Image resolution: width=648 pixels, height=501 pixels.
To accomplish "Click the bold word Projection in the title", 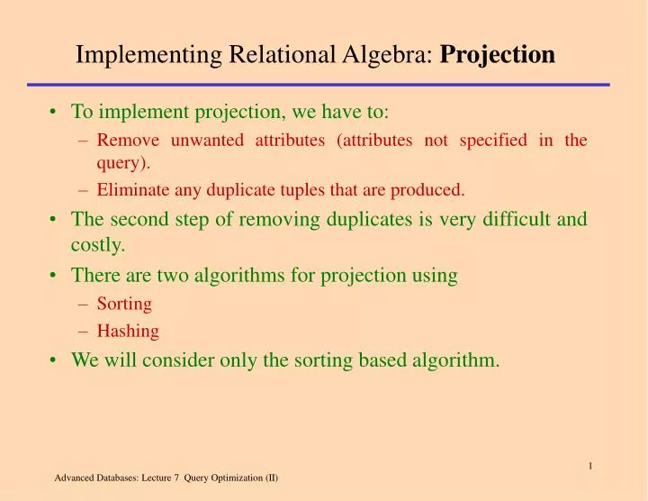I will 497,56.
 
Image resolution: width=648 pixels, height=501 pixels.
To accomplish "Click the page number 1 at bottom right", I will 589,465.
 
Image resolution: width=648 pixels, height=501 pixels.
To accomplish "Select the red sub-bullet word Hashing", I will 128,332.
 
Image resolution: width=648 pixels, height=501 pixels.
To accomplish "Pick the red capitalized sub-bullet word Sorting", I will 124,304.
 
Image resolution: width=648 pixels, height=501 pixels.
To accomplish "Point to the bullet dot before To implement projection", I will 55,114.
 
